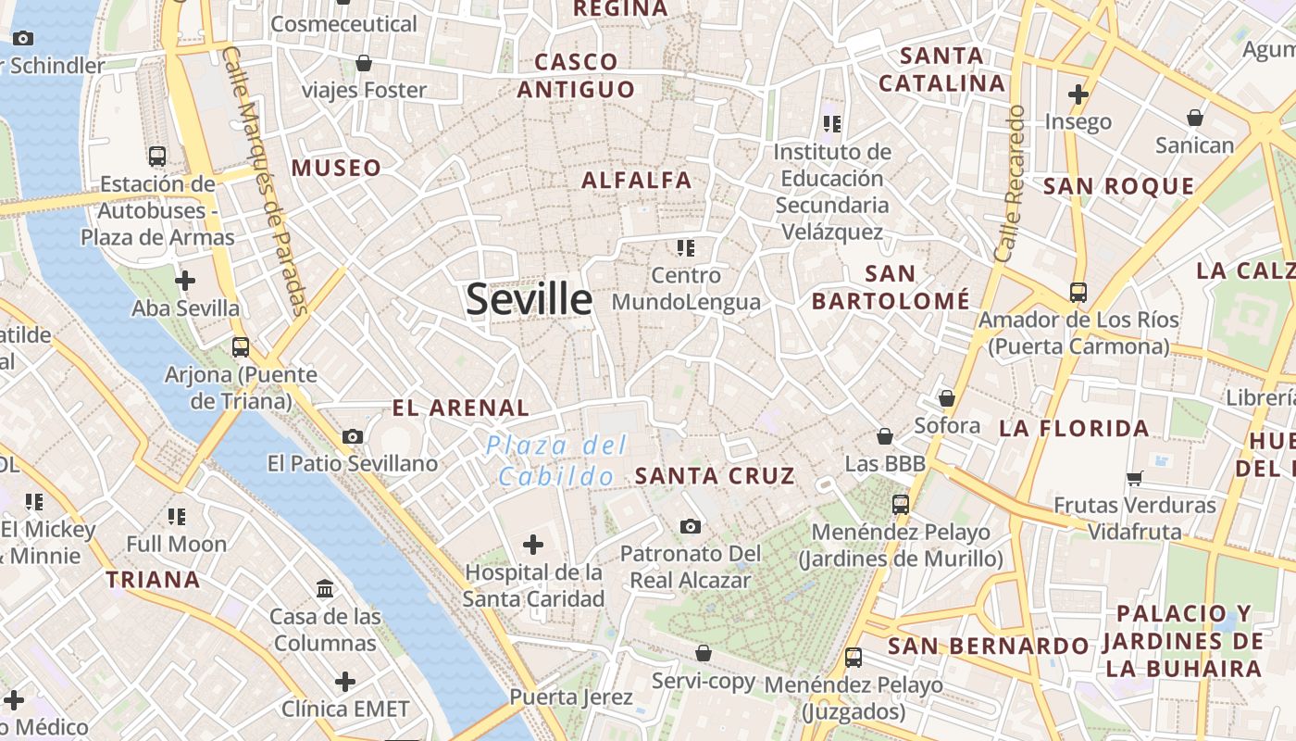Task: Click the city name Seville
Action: point(529,299)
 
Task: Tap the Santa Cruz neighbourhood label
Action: point(715,476)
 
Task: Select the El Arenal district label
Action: point(461,408)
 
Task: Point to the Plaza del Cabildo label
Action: point(556,461)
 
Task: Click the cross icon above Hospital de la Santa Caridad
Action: point(533,544)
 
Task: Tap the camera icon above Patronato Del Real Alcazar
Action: point(690,526)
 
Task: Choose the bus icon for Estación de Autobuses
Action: point(157,156)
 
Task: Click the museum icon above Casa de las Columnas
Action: point(325,588)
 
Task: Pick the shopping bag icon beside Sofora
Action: point(946,398)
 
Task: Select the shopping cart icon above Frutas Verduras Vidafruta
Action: point(1134,478)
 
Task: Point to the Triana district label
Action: point(153,580)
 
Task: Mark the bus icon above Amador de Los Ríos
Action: point(1078,292)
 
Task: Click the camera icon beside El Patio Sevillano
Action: point(352,436)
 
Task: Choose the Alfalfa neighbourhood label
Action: point(637,180)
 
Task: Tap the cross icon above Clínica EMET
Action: point(345,682)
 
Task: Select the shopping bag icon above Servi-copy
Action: point(704,653)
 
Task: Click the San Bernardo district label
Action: point(989,646)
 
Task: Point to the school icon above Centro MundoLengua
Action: point(685,247)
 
